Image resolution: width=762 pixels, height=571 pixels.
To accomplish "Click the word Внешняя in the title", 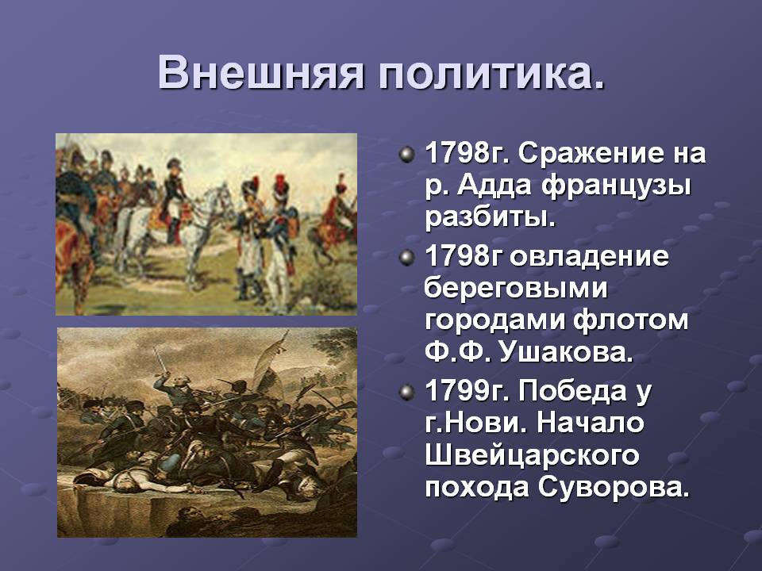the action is (261, 73).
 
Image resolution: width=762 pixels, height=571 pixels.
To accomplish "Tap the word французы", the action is (616, 187).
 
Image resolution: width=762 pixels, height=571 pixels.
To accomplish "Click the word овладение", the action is (590, 256).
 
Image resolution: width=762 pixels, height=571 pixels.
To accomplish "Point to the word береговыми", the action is (516, 288).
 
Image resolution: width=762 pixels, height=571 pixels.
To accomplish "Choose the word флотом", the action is (630, 320).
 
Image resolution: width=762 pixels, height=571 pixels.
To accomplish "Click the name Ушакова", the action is (566, 352).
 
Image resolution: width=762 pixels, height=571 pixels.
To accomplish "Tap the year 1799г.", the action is (468, 391).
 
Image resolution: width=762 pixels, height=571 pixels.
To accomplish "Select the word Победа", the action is (572, 391).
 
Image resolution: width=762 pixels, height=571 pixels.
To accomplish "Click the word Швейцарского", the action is (532, 456).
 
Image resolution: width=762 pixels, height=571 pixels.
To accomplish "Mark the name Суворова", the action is (614, 488).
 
